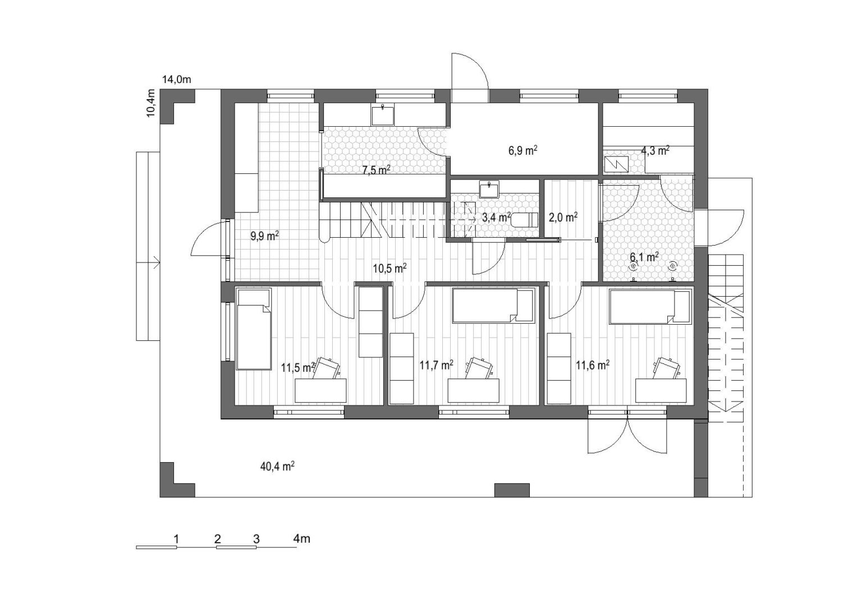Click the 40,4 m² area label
point(277,467)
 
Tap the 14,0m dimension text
point(177,80)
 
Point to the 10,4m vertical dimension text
point(151,103)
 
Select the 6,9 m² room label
point(523,150)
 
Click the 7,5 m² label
point(377,169)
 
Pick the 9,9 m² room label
point(265,236)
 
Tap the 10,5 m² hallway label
point(390,268)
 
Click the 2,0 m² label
point(563,218)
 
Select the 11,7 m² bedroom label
point(436,365)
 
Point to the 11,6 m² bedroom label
point(593,365)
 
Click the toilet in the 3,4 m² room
point(524,219)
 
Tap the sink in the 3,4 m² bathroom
point(489,190)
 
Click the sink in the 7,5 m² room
point(383,116)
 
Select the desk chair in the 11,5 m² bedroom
point(326,368)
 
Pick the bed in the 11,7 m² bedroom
point(493,306)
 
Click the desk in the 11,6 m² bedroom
point(661,391)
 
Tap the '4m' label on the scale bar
point(302,539)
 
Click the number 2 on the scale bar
point(218,539)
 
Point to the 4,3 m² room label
point(655,150)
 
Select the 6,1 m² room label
point(644,257)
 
